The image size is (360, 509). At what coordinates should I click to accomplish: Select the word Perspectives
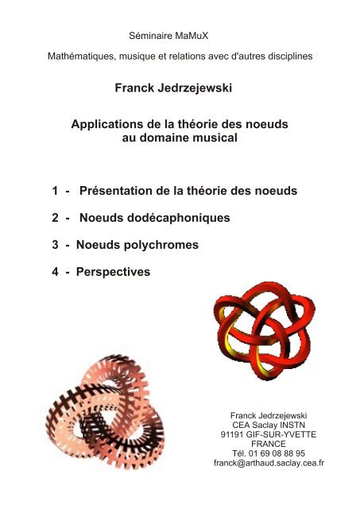pyautogui.click(x=117, y=271)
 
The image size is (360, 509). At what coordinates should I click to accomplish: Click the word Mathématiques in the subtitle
pyautogui.click(x=81, y=56)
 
